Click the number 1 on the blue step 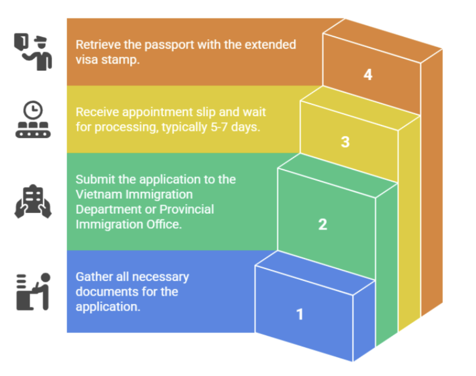pyautogui.click(x=300, y=314)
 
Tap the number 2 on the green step pyautogui.click(x=323, y=224)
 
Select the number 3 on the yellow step pyautogui.click(x=345, y=142)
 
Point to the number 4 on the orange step pyautogui.click(x=368, y=74)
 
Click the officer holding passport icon pyautogui.click(x=33, y=52)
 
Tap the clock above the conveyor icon pyautogui.click(x=33, y=110)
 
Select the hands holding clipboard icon pyautogui.click(x=33, y=201)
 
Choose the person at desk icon pyautogui.click(x=33, y=292)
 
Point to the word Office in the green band pyautogui.click(x=164, y=224)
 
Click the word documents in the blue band pyautogui.click(x=102, y=292)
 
